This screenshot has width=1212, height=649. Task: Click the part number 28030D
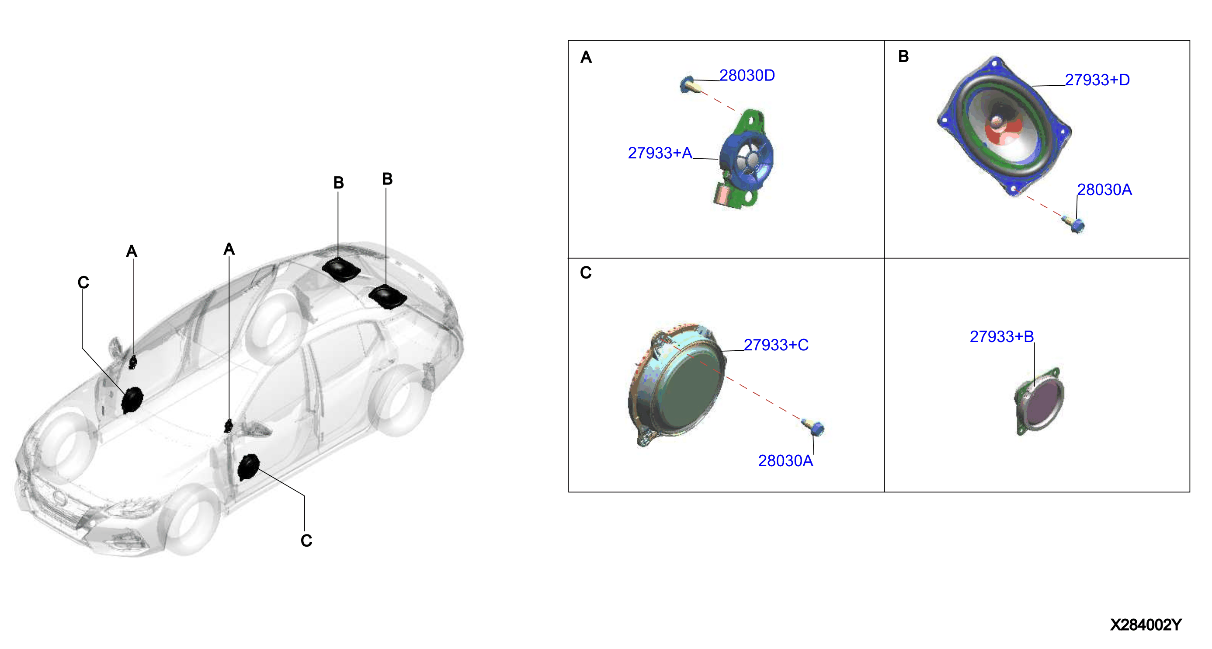(747, 75)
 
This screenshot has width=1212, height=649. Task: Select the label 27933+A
(660, 153)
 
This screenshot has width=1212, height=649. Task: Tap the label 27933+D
(1097, 80)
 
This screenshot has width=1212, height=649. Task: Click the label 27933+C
(776, 345)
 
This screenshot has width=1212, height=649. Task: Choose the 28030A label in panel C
(785, 461)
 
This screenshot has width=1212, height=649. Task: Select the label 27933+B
(1002, 336)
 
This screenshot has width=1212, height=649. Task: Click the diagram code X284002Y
(1146, 625)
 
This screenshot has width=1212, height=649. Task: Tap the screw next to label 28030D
(688, 85)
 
